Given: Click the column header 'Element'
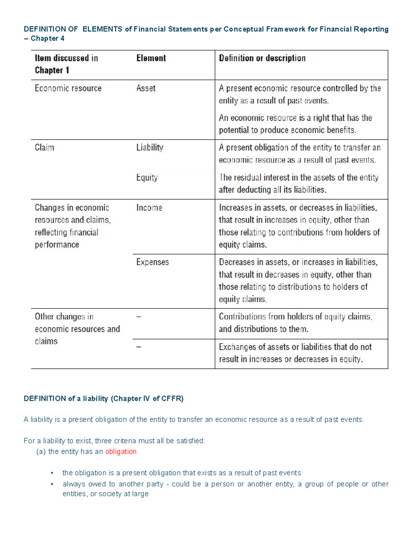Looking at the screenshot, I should (151, 58).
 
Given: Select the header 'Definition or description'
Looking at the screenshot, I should (262, 58).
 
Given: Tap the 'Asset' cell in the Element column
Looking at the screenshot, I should (146, 88).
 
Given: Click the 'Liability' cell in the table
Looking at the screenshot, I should (150, 148).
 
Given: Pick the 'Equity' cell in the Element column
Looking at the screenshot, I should (147, 177).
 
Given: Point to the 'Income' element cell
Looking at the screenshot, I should (149, 208).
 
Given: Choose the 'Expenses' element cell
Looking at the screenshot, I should (152, 262).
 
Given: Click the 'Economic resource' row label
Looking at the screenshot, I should (68, 88).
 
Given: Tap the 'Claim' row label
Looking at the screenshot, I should (44, 148).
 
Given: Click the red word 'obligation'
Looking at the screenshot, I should (121, 451).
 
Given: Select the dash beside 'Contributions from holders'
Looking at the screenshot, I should (139, 317).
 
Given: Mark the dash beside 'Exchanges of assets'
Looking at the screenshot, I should (139, 347).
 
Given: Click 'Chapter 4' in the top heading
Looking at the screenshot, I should (47, 39).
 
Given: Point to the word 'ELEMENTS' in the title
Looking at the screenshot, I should (102, 29).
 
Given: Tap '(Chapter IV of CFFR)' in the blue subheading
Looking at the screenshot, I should (147, 399).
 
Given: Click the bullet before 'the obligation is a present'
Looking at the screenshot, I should (52, 473).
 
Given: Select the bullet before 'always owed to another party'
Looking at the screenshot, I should (52, 484).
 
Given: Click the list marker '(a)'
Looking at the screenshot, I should (41, 451).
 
